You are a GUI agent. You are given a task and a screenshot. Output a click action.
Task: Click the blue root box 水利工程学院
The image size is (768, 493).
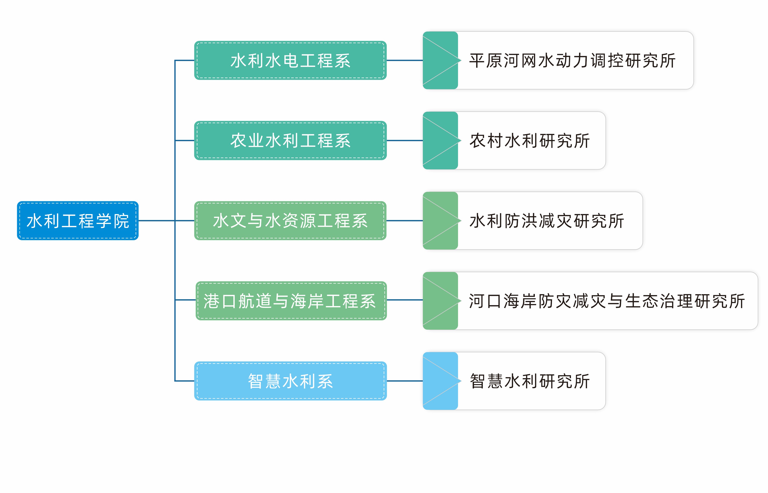point(78,221)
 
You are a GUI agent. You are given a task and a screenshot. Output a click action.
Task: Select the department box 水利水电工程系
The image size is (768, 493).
point(290,60)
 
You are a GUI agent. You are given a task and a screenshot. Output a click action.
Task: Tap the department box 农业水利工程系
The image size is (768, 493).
point(290,140)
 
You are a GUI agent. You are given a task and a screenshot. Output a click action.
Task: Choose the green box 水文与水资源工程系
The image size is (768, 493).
point(290,221)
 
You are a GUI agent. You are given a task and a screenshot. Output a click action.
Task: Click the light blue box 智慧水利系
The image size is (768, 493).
point(290,381)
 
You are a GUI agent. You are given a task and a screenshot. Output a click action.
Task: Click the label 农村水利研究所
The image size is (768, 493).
point(530,140)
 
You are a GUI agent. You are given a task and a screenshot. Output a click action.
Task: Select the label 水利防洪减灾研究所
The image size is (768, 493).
point(547,221)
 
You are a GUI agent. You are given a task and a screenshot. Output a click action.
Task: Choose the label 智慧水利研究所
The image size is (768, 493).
point(530,381)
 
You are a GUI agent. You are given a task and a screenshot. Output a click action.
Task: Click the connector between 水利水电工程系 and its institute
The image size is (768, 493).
point(404,60)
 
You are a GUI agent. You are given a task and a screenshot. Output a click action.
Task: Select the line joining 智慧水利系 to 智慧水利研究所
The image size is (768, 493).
point(404,381)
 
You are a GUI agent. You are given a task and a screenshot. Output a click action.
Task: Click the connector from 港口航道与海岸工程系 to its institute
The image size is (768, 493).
point(404,300)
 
